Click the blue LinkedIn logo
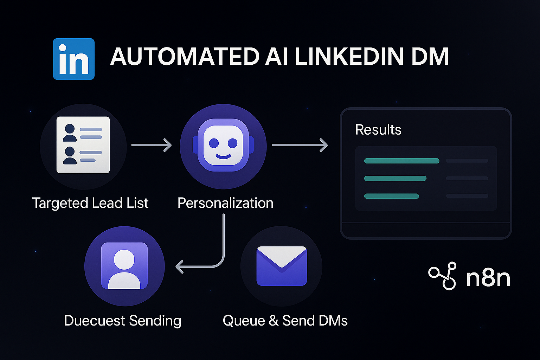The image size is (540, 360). [74, 59]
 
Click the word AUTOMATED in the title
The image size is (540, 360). [185, 57]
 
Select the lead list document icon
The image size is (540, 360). [83, 145]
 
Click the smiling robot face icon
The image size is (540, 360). [223, 145]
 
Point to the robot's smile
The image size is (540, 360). [223, 156]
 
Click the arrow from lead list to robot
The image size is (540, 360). [152, 145]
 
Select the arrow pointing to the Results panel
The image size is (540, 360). [300, 145]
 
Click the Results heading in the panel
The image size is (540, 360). [378, 130]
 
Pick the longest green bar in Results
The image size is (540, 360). [401, 161]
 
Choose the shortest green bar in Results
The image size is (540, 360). [391, 196]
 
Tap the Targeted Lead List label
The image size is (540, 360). [90, 203]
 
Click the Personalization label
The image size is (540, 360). [225, 203]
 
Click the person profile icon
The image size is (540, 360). [124, 266]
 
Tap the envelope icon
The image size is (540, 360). [282, 266]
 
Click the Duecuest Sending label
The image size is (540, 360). [123, 321]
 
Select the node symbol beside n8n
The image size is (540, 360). [443, 276]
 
